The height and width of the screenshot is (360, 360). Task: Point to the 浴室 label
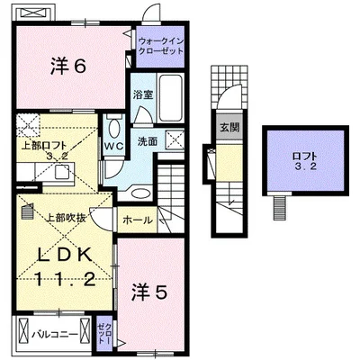point(142,94)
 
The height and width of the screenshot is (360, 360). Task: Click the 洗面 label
point(147,141)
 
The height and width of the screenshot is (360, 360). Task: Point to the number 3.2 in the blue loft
point(305,168)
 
